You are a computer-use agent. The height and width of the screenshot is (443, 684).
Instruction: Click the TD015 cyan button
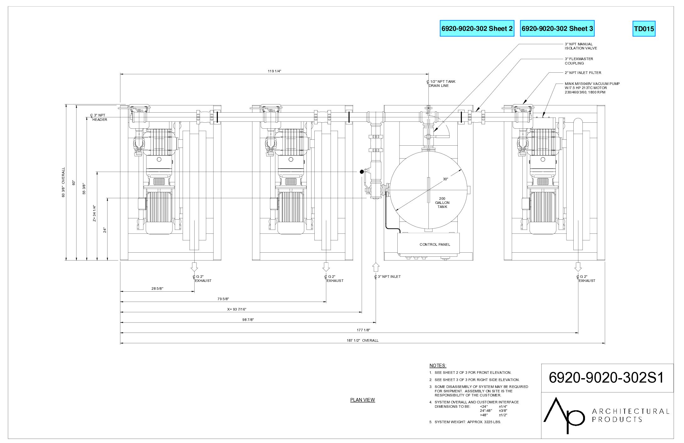[644, 29]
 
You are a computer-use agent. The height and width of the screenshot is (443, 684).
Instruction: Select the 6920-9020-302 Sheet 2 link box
[477, 28]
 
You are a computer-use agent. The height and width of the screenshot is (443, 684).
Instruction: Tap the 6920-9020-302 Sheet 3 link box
[557, 28]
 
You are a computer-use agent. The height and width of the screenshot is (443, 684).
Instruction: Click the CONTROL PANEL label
[435, 244]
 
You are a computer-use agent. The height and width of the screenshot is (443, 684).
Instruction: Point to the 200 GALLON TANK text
[442, 203]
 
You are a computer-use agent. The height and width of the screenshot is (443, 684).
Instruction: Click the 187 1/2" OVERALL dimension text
[362, 340]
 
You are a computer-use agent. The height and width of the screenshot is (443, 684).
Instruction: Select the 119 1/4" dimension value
[274, 71]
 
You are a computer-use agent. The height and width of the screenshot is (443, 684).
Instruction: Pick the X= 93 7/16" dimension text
[237, 309]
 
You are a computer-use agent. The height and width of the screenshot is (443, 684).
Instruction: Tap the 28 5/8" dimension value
[157, 289]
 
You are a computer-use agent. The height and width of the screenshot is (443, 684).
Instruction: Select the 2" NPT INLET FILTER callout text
[583, 73]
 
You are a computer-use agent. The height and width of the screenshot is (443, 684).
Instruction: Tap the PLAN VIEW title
[362, 400]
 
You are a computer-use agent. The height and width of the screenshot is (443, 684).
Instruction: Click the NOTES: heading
[438, 366]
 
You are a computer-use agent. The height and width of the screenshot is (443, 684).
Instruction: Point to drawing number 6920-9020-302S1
[606, 378]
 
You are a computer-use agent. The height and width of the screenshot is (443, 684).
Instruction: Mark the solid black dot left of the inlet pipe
[361, 171]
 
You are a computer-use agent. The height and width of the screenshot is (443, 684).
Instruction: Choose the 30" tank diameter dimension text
[445, 179]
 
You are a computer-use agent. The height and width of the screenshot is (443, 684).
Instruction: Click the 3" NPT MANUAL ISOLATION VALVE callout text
[581, 46]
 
